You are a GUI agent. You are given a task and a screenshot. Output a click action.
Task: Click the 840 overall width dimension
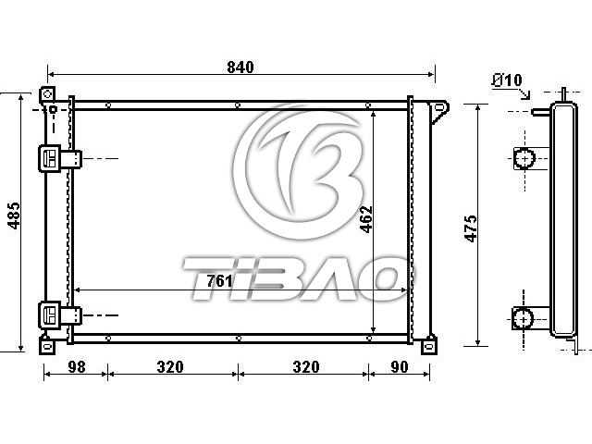click(x=240, y=68)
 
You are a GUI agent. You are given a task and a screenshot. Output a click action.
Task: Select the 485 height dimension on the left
click(x=15, y=216)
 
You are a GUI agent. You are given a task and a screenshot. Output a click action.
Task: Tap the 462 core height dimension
click(x=366, y=219)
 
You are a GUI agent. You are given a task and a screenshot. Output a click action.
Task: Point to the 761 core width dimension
click(x=219, y=281)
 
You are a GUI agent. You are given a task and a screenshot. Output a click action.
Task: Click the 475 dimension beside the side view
click(x=471, y=228)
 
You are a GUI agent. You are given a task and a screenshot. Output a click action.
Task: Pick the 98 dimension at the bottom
click(x=76, y=366)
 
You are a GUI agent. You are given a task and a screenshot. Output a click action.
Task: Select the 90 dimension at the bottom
click(x=400, y=366)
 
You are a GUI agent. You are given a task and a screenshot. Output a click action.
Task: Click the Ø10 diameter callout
click(x=508, y=80)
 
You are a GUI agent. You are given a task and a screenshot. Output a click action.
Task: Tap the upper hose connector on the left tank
click(x=60, y=158)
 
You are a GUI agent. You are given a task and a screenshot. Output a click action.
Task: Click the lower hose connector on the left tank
click(x=60, y=315)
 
